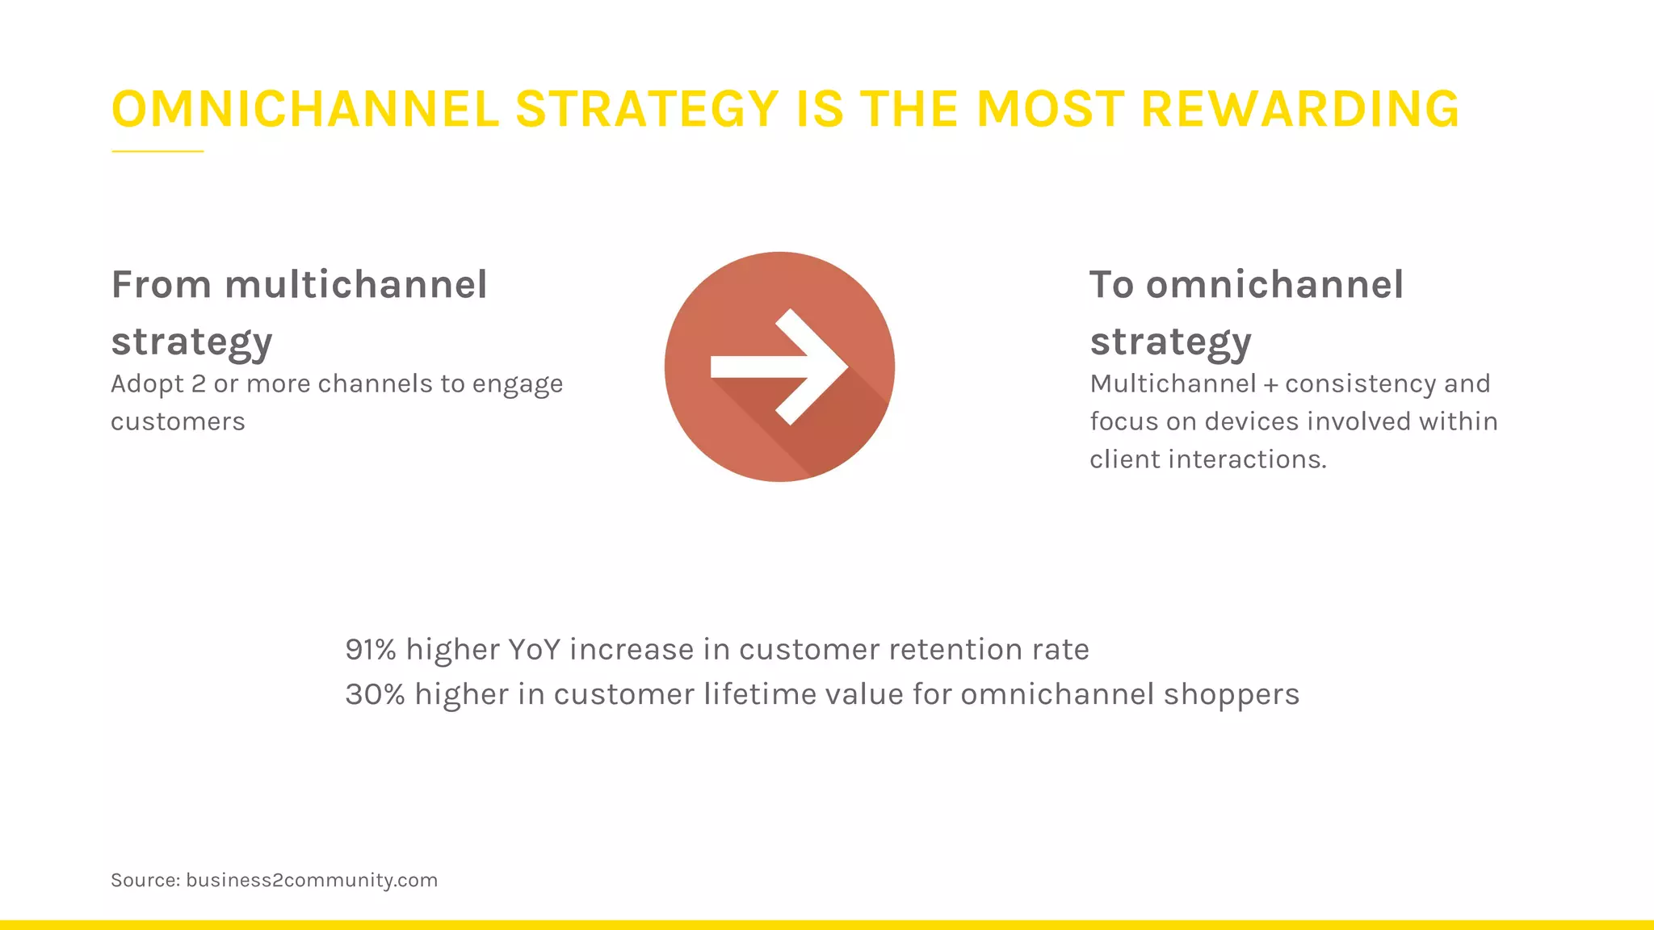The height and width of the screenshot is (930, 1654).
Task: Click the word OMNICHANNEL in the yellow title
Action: point(305,110)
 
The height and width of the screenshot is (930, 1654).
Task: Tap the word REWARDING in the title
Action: point(1299,110)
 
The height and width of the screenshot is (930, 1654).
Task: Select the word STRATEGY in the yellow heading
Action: point(646,110)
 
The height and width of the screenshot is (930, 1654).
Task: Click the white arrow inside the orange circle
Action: point(779,367)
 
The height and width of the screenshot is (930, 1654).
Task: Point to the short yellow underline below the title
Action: point(157,151)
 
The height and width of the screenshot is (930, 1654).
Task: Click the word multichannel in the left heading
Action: point(355,285)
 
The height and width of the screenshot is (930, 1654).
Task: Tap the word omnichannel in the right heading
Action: point(1274,285)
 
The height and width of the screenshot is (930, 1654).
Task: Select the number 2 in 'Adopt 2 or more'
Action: point(199,383)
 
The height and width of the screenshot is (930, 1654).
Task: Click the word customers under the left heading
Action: point(178,421)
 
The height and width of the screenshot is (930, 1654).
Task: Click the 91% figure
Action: point(371,650)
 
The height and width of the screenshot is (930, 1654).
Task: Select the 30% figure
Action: point(375,694)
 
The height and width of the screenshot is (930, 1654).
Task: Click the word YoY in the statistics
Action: point(534,650)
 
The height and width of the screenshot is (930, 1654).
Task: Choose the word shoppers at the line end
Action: point(1231,695)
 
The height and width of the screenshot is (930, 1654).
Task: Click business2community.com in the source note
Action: point(312,880)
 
